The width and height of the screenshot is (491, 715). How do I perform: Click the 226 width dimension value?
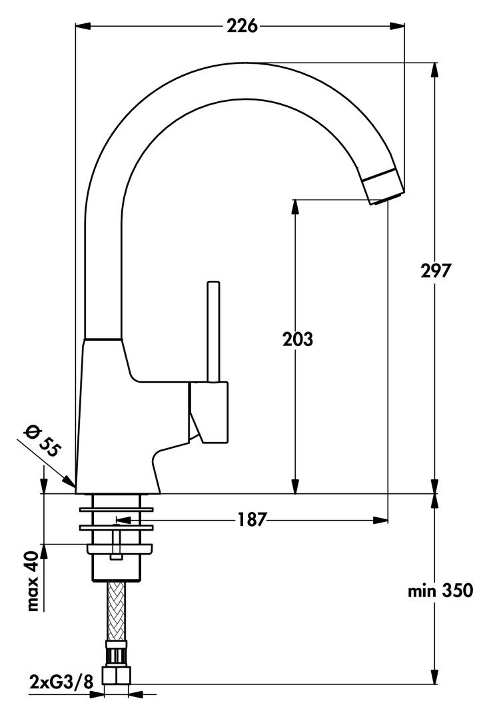(242, 26)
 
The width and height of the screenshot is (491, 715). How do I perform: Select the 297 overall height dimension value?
(436, 271)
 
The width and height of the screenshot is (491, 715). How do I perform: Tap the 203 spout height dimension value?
(296, 340)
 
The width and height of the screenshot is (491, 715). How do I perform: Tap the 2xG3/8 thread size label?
(59, 682)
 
